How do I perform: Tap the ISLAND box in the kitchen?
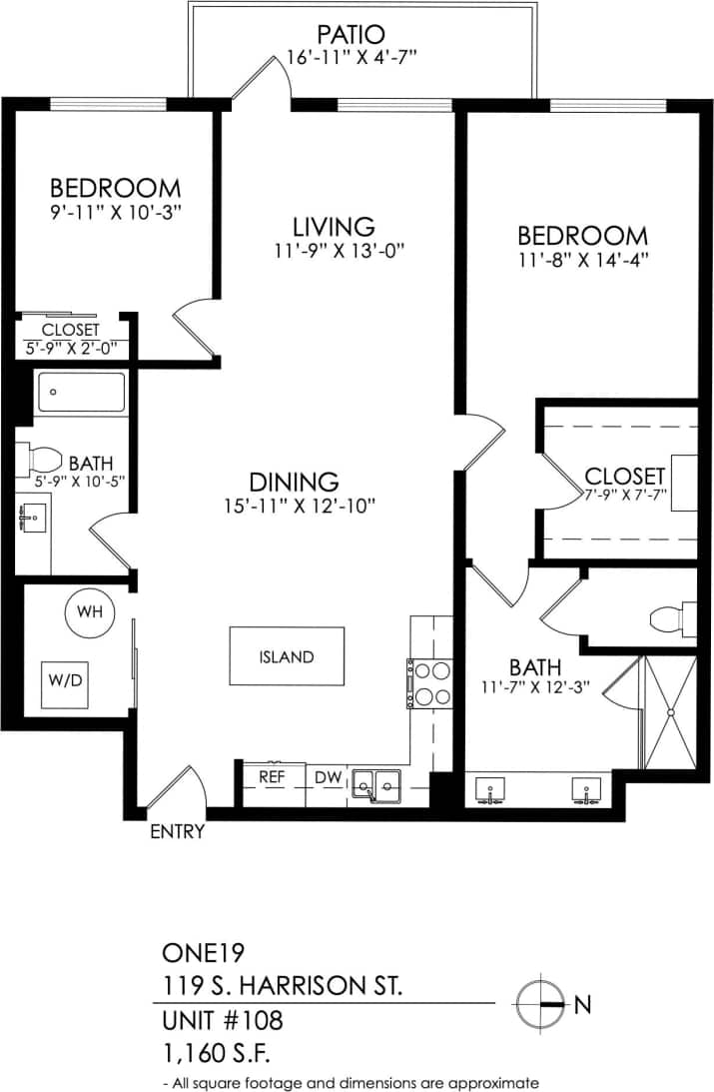click(x=287, y=656)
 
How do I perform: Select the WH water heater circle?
click(x=90, y=611)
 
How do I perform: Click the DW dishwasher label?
click(x=328, y=776)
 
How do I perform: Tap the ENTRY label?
click(x=177, y=831)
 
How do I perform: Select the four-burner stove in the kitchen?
click(x=430, y=684)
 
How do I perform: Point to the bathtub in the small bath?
click(x=82, y=393)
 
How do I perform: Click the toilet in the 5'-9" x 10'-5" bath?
click(x=44, y=460)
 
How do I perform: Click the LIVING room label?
click(x=334, y=226)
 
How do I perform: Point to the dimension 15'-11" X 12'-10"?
click(x=300, y=507)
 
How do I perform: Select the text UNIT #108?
click(x=222, y=1021)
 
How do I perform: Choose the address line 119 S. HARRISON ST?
click(x=283, y=986)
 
